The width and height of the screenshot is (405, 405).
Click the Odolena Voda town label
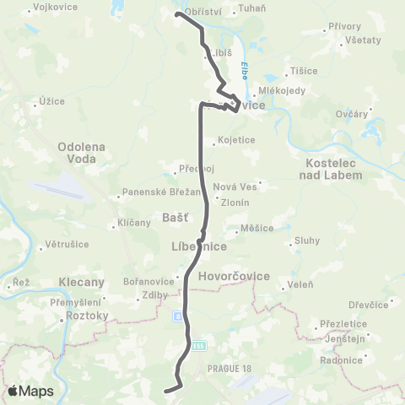[80, 153]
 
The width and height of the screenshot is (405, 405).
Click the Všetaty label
[363, 40]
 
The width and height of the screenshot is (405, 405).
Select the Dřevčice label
[370, 305]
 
